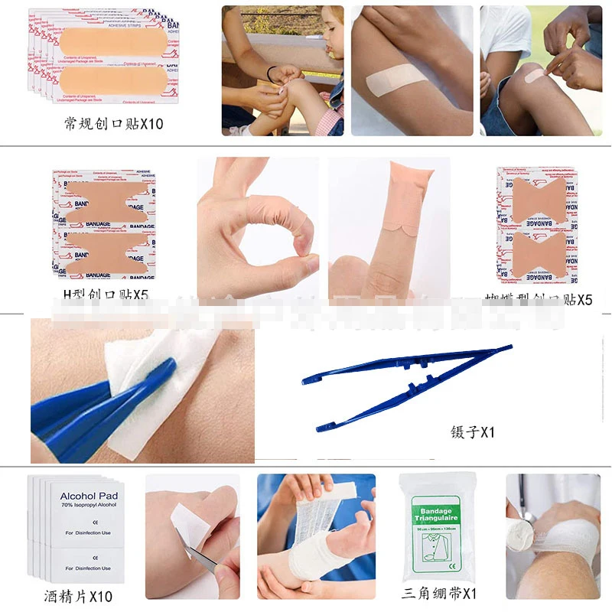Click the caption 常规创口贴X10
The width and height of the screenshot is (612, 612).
pyautogui.click(x=114, y=122)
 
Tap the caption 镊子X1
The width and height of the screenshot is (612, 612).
pyautogui.click(x=473, y=432)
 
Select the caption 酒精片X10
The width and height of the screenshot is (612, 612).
pyautogui.click(x=78, y=596)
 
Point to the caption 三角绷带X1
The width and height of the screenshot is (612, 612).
pyautogui.click(x=439, y=593)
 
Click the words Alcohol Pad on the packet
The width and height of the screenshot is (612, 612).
pyautogui.click(x=89, y=496)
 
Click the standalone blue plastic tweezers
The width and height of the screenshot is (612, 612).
pyautogui.click(x=405, y=386)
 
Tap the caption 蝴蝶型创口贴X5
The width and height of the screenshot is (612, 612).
pyautogui.click(x=539, y=300)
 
